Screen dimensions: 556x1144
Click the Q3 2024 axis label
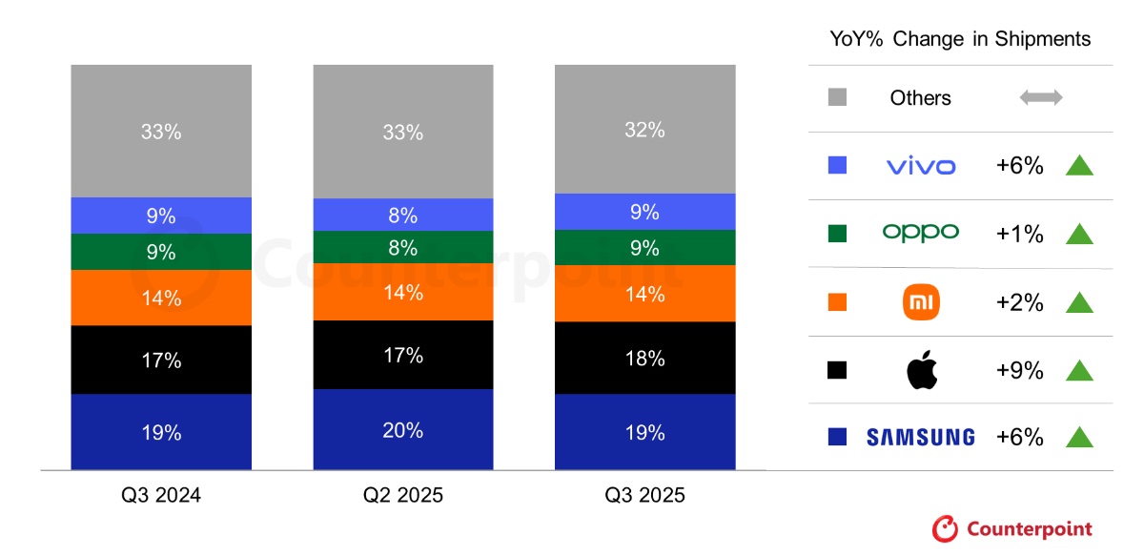click(x=161, y=496)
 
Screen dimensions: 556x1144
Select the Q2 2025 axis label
click(x=402, y=496)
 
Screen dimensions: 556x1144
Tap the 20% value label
click(x=402, y=430)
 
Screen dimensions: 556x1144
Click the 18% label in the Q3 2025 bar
click(x=644, y=359)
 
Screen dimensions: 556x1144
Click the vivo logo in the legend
click(x=920, y=166)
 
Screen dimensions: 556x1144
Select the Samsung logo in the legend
click(x=920, y=438)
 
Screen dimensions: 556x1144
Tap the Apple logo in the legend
click(x=921, y=369)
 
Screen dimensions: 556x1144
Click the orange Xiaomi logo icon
click(x=921, y=302)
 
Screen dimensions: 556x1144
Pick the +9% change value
click(x=1019, y=370)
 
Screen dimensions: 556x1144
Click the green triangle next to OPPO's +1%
click(x=1078, y=234)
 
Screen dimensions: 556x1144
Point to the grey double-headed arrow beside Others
click(x=1041, y=97)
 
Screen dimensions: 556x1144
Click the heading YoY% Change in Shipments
click(x=961, y=39)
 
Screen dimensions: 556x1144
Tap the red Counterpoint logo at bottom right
click(x=1012, y=528)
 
